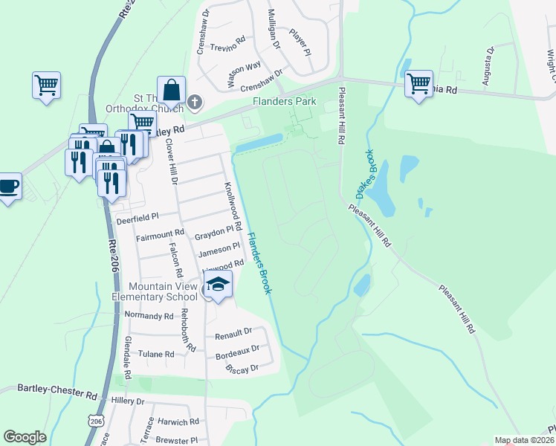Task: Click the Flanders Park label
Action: pos(284,101)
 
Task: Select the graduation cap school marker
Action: pos(218,284)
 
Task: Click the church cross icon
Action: pos(195,102)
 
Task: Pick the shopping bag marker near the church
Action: pos(171,90)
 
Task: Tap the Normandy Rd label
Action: pos(149,316)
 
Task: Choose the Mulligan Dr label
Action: pos(274,29)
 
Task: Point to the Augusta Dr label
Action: pos(489,68)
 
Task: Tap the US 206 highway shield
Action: pos(95,421)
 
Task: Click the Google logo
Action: pos(25,437)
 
